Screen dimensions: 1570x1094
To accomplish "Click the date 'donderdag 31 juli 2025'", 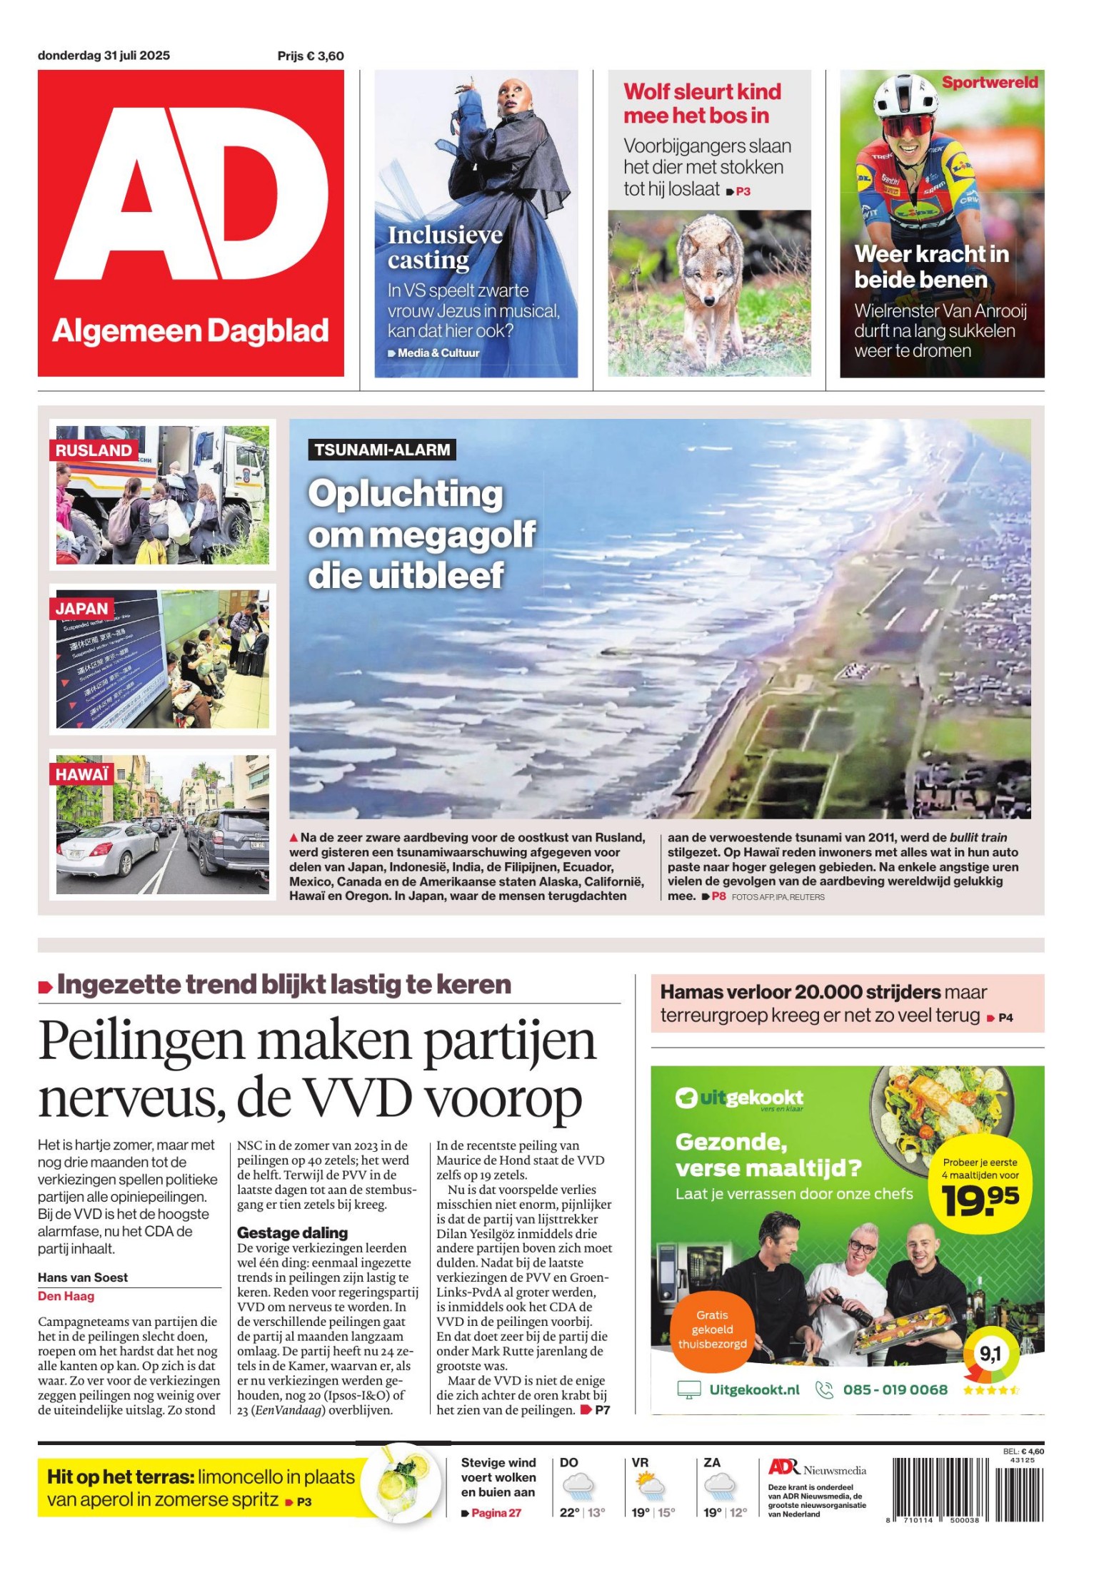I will [104, 56].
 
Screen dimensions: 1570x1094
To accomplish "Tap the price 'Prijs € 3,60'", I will [311, 56].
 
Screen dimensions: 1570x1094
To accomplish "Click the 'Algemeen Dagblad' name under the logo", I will [190, 331].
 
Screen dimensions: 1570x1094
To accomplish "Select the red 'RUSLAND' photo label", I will [94, 450].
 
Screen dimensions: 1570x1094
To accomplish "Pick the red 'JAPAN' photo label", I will [81, 609].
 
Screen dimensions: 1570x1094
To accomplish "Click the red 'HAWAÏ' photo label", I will [82, 774].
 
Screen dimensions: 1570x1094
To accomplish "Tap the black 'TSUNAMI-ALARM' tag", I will [382, 450].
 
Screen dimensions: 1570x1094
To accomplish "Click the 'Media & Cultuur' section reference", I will [438, 353].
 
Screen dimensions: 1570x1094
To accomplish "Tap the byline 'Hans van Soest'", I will [83, 1277].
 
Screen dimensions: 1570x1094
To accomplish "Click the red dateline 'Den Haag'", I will [66, 1296].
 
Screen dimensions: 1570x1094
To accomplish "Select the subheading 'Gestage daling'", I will [292, 1232].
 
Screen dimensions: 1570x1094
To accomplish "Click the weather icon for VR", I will [650, 1487].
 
